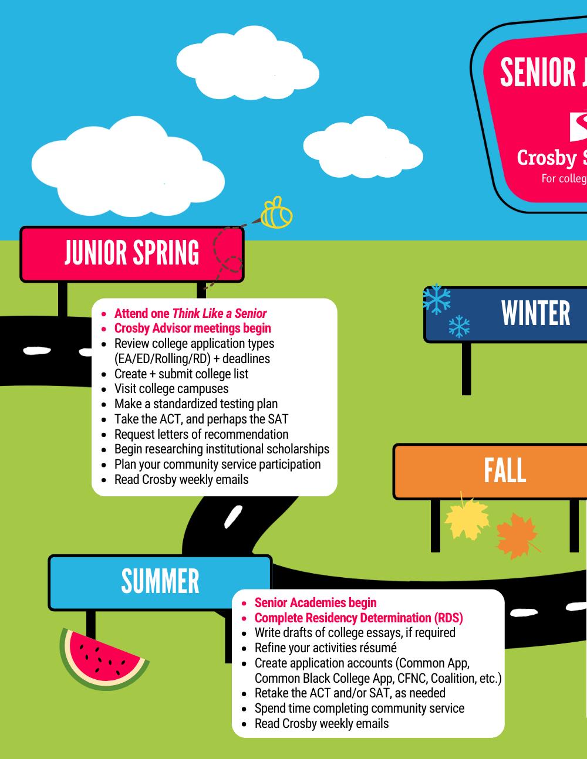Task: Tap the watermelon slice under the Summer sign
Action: click(x=103, y=659)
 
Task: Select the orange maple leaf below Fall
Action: click(x=517, y=536)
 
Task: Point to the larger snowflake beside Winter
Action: click(x=437, y=299)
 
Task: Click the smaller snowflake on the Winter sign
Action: click(x=459, y=326)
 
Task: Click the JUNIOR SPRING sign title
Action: click(x=131, y=253)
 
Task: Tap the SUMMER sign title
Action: click(x=160, y=581)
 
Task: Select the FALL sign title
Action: click(x=504, y=470)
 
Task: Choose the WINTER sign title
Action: click(x=535, y=313)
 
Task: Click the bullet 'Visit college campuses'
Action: click(x=171, y=388)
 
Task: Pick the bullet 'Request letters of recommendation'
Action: click(x=201, y=434)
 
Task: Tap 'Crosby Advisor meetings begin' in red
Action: click(x=193, y=328)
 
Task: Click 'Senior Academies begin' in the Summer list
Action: click(x=315, y=602)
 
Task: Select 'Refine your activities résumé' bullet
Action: click(x=325, y=648)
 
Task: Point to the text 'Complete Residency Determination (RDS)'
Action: click(x=359, y=618)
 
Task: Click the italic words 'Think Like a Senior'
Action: click(x=219, y=313)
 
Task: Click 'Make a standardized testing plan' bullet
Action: click(x=196, y=404)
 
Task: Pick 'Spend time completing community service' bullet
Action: click(x=359, y=708)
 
